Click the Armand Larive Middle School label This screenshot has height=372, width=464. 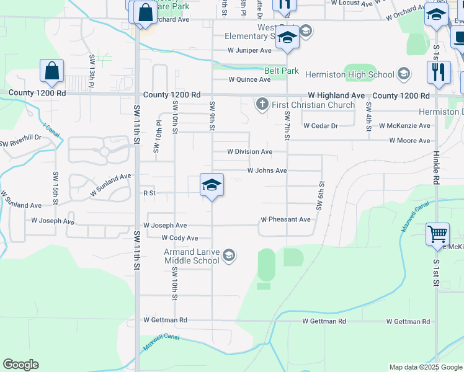(x=192, y=256)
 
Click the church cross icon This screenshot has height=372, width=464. (x=262, y=104)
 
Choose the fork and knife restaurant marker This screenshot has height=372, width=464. (x=438, y=73)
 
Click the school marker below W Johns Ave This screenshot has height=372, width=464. (x=212, y=185)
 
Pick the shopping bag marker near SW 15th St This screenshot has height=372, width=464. (x=52, y=72)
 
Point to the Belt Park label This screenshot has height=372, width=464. (x=282, y=71)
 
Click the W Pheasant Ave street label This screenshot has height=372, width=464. (x=285, y=219)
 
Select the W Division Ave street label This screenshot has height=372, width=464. (x=249, y=151)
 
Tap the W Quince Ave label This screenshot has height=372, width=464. (x=249, y=79)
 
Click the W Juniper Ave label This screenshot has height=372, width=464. (x=249, y=50)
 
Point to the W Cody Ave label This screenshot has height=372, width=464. (x=179, y=238)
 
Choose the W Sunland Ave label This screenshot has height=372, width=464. (x=110, y=185)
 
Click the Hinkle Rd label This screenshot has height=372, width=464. (x=437, y=166)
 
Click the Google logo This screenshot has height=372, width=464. (x=20, y=365)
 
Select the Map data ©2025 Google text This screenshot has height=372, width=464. (x=425, y=367)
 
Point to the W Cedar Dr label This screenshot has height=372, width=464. (x=320, y=125)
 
